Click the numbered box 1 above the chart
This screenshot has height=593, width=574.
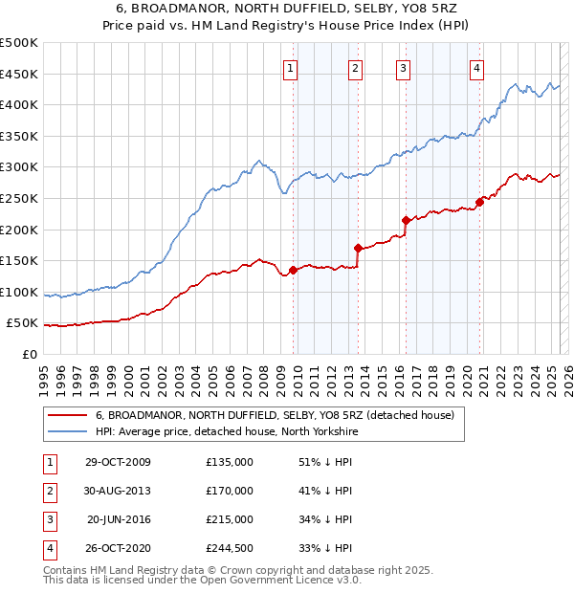tap(290, 68)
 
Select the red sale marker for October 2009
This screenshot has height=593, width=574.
tap(294, 270)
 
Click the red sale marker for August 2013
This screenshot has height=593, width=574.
tap(358, 248)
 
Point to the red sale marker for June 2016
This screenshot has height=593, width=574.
tap(406, 220)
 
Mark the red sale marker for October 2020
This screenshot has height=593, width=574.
tap(479, 202)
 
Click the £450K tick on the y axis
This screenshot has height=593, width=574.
tap(19, 74)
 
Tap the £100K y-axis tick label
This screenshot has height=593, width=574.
tap(19, 292)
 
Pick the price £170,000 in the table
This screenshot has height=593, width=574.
tap(230, 491)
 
